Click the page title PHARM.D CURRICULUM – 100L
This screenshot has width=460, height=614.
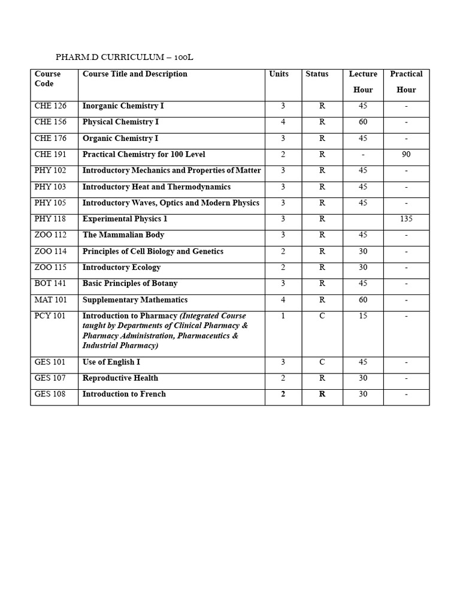125,58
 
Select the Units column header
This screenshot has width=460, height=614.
279,74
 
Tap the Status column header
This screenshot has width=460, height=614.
317,74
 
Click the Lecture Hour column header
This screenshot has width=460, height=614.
363,82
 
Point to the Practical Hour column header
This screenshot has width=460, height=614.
406,82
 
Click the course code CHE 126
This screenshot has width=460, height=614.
50,106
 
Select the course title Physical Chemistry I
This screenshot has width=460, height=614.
120,122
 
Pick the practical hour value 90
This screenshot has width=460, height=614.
406,155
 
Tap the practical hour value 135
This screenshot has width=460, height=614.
406,219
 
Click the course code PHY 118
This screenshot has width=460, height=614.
50,219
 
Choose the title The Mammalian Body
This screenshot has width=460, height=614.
123,235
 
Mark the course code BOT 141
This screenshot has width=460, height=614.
50,284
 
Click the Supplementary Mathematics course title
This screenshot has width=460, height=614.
135,300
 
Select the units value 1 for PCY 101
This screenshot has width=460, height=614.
283,316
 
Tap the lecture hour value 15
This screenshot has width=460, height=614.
363,316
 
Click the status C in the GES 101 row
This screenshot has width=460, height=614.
322,362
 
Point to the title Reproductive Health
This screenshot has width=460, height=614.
120,378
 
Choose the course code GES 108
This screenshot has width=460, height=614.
50,395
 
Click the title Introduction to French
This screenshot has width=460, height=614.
124,395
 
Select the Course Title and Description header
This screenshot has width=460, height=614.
135,74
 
